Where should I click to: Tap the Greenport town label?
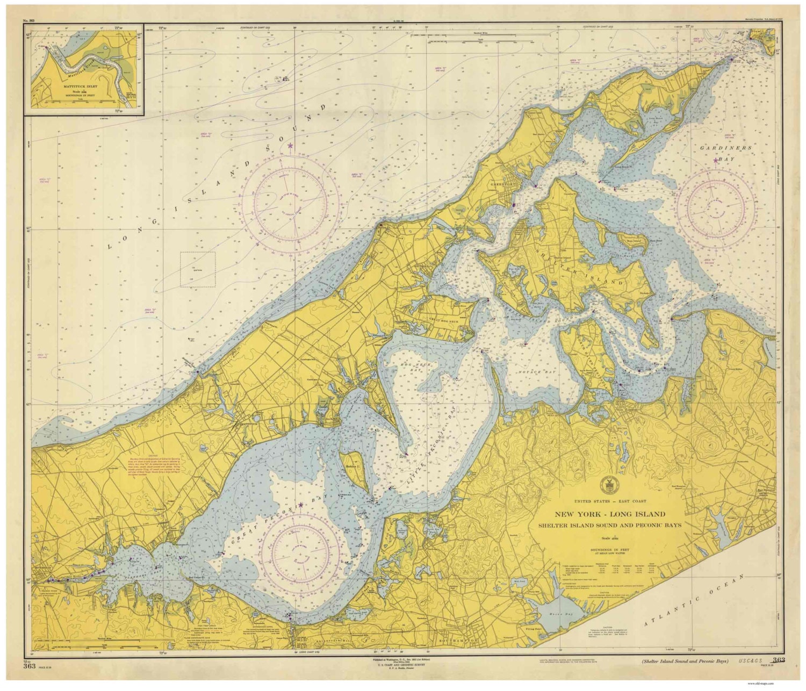point(499,183)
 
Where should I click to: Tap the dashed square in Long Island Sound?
point(197,269)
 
